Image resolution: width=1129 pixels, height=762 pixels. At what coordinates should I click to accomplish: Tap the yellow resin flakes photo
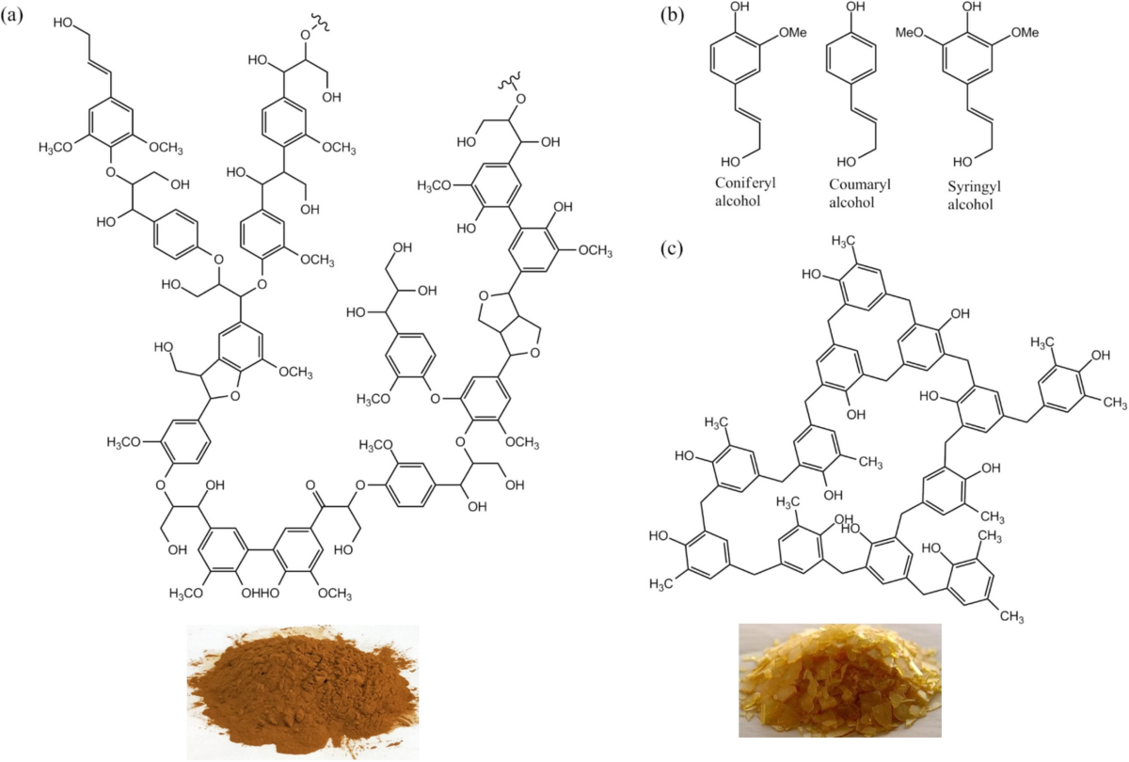pyautogui.click(x=839, y=680)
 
